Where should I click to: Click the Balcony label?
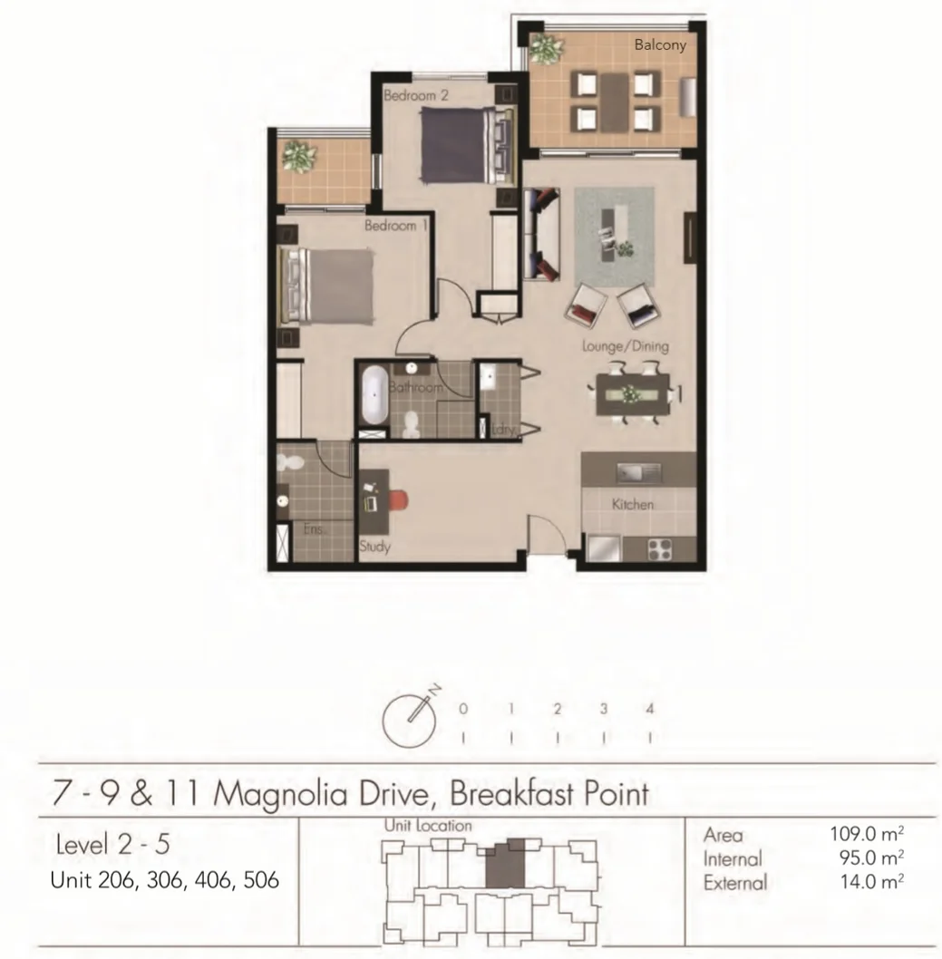(x=660, y=44)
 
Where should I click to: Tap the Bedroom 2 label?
(x=416, y=94)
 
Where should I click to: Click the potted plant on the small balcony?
(x=297, y=156)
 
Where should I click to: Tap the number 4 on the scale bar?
(x=650, y=710)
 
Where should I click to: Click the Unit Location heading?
(x=428, y=826)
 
